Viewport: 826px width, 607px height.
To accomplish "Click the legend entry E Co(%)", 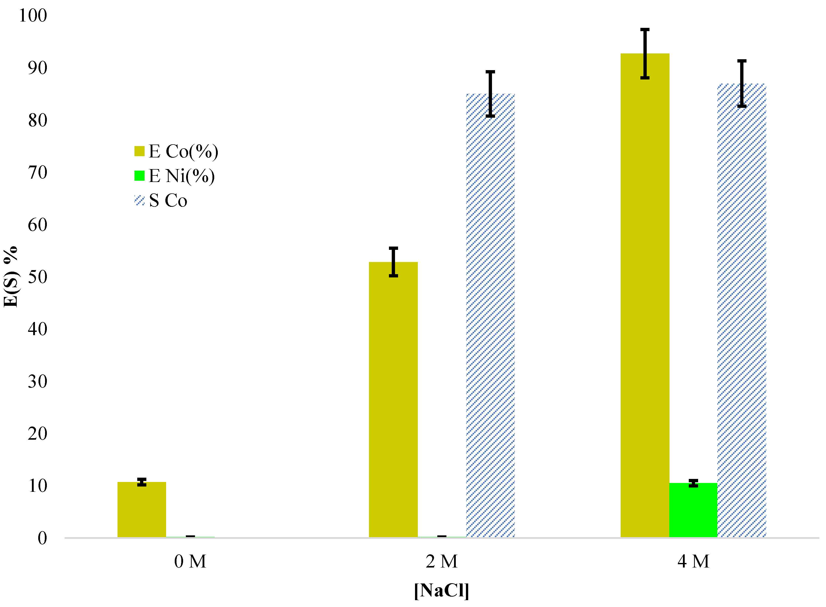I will (176, 151).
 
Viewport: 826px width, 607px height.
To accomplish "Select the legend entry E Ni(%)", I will (175, 176).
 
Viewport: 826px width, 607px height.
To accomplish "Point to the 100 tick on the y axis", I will (33, 15).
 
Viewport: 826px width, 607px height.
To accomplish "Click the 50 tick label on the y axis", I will (37, 277).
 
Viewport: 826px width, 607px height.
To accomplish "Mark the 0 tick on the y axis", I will (42, 538).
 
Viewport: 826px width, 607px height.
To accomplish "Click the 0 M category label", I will (190, 561).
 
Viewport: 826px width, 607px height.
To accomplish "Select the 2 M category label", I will (442, 561).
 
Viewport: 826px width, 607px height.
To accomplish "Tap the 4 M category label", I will (693, 561).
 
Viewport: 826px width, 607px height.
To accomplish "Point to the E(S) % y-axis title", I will (10, 277).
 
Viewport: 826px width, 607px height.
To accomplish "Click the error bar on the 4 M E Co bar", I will (644, 54).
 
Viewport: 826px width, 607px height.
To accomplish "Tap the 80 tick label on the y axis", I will (37, 120).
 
